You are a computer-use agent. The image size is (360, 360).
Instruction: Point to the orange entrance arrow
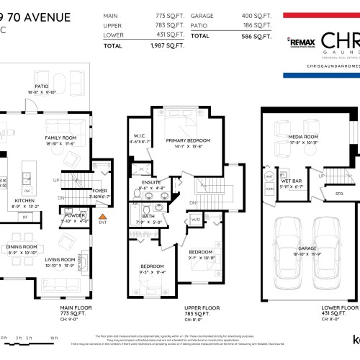[102, 215]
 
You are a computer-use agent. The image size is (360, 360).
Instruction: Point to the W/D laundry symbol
[195, 220]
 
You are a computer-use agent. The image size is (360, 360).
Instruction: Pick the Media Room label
[303, 136]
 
